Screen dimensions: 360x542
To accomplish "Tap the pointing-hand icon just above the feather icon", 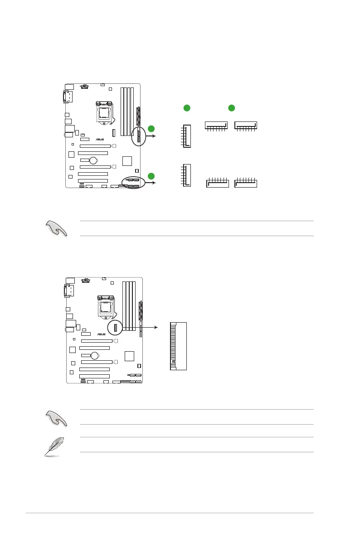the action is click(x=56, y=417).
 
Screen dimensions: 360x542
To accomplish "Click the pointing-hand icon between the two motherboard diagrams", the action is click(x=56, y=229).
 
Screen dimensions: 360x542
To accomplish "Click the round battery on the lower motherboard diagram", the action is click(x=96, y=356).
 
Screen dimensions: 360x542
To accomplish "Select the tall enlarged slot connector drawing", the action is click(x=178, y=346).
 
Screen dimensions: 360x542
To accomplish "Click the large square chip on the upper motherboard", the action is click(x=127, y=160).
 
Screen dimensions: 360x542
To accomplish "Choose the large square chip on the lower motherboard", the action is click(x=129, y=355).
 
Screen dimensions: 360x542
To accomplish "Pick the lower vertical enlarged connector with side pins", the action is click(x=187, y=174).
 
